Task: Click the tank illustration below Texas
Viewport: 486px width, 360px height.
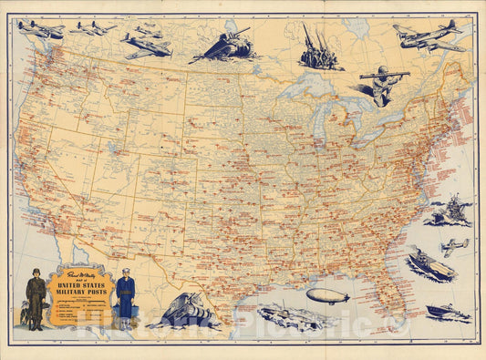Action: (x=182, y=312)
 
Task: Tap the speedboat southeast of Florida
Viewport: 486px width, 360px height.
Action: (x=448, y=313)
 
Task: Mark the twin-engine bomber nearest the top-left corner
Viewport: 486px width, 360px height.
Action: (x=40, y=29)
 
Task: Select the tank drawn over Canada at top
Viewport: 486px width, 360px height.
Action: (x=222, y=46)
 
